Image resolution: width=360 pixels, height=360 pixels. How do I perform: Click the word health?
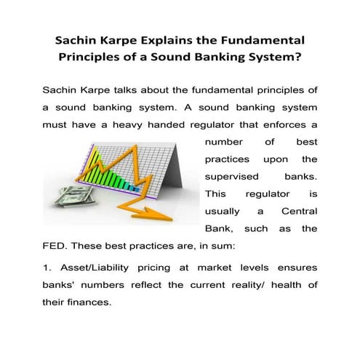pyautogui.click(x=273, y=284)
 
